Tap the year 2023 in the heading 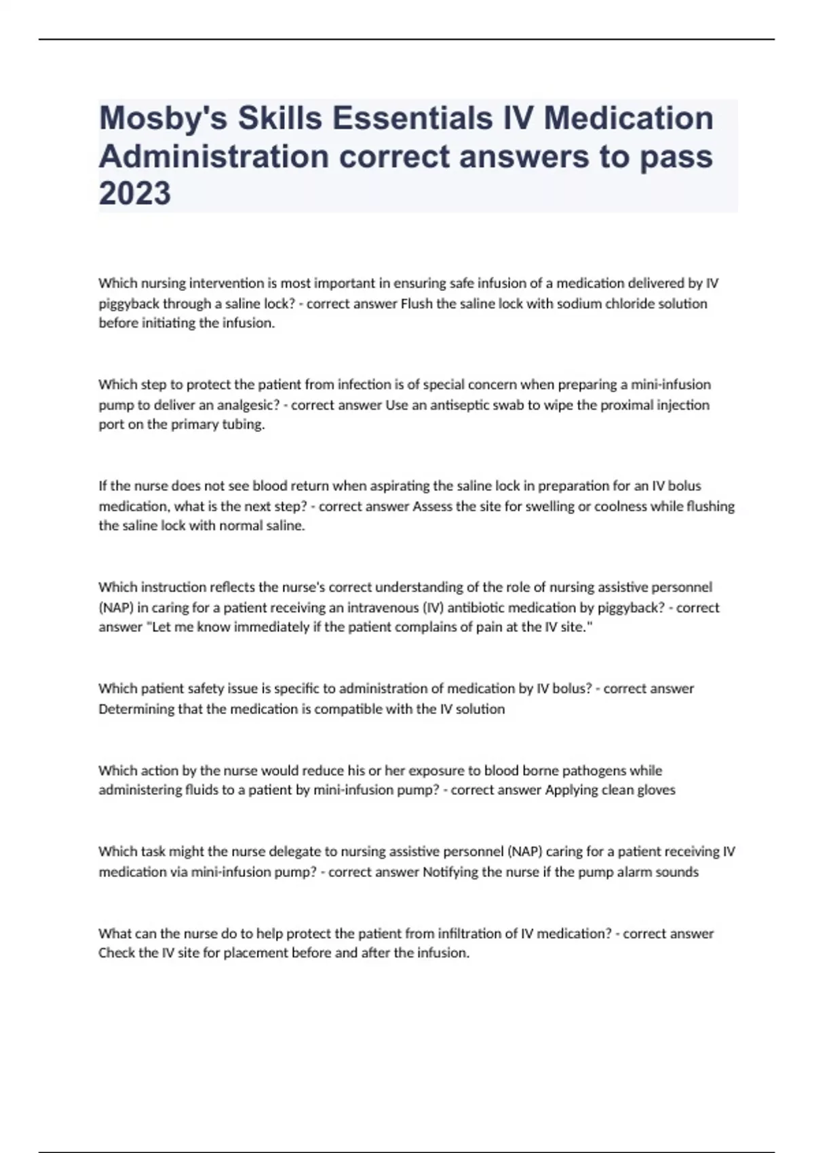pyautogui.click(x=135, y=193)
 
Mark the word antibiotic pyautogui.click(x=471, y=607)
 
